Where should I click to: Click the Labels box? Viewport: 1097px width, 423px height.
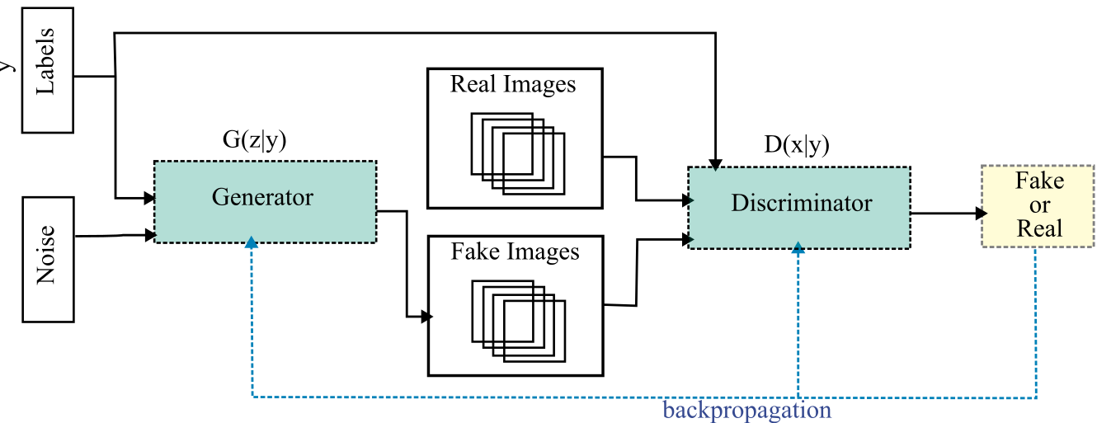[47, 70]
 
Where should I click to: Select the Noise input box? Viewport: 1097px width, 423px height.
[47, 259]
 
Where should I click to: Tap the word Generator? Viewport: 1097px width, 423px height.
[262, 198]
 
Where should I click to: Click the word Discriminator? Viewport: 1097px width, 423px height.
[801, 203]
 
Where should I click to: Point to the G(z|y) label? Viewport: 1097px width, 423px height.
[254, 141]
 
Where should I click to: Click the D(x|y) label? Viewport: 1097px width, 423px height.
[796, 145]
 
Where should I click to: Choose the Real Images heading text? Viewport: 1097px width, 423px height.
[513, 84]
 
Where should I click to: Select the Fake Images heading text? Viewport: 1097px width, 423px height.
[515, 251]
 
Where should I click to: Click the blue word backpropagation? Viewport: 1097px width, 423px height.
[746, 410]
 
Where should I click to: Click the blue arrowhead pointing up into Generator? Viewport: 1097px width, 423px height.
[252, 242]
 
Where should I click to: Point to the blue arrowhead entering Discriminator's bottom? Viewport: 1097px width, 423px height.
[798, 247]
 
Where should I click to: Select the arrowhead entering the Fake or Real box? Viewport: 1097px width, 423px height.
[982, 213]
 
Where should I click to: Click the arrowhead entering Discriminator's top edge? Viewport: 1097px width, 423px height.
[716, 162]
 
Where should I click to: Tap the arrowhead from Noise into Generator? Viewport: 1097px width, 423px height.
[151, 236]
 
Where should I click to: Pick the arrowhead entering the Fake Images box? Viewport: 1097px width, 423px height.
[426, 317]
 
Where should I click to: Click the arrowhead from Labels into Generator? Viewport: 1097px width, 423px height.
[150, 198]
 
